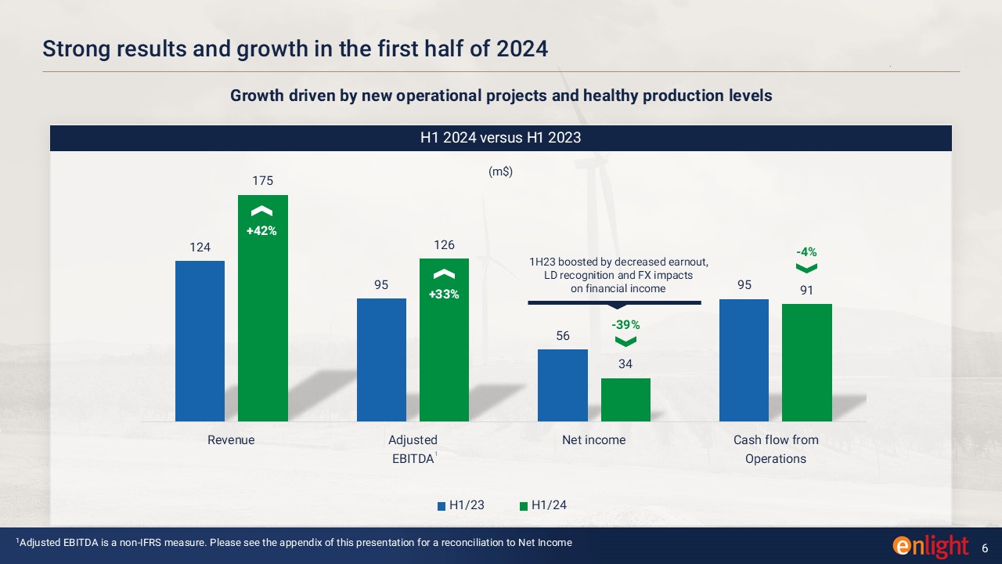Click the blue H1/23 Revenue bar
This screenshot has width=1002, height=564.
point(200,341)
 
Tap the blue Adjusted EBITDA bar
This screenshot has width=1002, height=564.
point(381,360)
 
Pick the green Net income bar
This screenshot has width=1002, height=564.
point(625,399)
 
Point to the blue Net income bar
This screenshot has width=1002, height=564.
point(562,385)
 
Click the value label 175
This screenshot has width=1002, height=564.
point(262,181)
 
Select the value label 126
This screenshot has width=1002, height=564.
point(444,245)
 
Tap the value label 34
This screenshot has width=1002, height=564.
point(625,364)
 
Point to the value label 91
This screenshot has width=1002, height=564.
point(806,290)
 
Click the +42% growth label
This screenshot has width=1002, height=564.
point(261,231)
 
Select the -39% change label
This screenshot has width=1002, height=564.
point(625,324)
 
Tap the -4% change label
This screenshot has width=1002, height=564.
point(806,252)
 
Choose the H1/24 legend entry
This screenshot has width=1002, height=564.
point(542,505)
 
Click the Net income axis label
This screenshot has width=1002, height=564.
point(593,440)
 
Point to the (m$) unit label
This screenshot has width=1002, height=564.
point(500,172)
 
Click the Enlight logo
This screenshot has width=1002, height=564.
point(930,545)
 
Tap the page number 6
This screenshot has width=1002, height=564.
point(985,545)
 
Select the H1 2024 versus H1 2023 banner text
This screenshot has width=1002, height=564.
point(500,138)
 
